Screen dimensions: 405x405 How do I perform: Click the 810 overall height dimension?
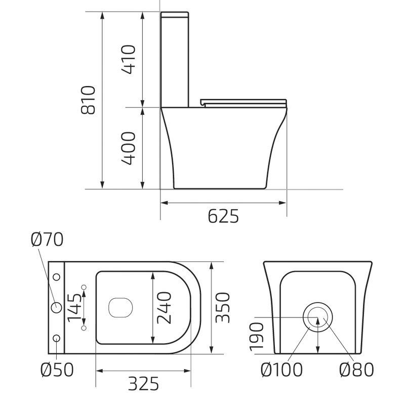point(88,100)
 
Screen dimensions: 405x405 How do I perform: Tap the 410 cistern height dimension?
point(129,59)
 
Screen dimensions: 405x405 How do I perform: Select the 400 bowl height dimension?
point(129,148)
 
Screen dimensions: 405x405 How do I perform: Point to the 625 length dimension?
point(223,216)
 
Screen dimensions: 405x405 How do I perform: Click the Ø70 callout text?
point(47,239)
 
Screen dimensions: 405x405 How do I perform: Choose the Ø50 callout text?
point(57,370)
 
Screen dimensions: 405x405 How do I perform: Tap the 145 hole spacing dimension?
point(74,308)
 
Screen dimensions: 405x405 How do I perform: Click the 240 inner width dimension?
point(164,308)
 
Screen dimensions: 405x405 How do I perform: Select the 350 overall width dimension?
point(222,308)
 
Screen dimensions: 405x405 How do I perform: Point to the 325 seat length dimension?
point(143,384)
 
